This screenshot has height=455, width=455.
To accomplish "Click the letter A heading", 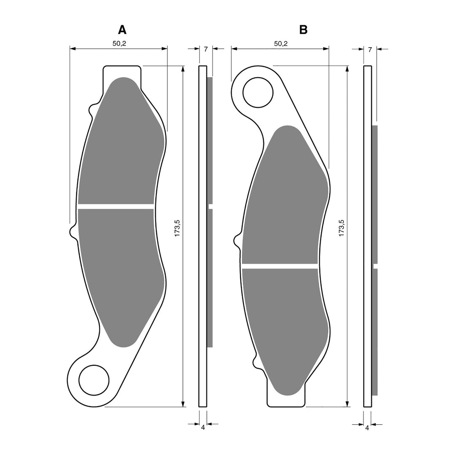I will pyautogui.click(x=122, y=29).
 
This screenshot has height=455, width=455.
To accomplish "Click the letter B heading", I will pyautogui.click(x=303, y=29).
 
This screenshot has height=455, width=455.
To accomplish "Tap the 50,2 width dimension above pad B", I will pyautogui.click(x=281, y=43).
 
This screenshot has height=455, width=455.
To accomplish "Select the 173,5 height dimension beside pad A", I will pyautogui.click(x=177, y=227).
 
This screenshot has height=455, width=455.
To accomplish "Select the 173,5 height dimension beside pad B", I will pyautogui.click(x=342, y=227).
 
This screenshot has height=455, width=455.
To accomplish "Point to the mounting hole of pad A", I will pyautogui.click(x=94, y=380).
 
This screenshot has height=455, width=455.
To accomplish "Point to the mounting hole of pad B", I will pyautogui.click(x=258, y=92).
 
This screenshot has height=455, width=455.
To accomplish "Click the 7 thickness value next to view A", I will pyautogui.click(x=206, y=49).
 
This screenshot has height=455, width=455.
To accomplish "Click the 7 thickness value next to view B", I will pyautogui.click(x=369, y=49).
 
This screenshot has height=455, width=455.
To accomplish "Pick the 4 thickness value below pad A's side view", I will pyautogui.click(x=203, y=427).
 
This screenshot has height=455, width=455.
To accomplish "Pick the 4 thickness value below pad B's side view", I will pyautogui.click(x=367, y=427).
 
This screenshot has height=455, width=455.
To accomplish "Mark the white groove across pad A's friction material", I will pyautogui.click(x=116, y=206).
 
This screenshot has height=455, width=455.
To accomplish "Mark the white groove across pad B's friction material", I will pyautogui.click(x=280, y=266).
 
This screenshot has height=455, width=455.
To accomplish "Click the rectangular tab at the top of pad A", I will pyautogui.click(x=122, y=72).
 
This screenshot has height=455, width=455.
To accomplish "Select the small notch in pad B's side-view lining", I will pyautogui.click(x=375, y=266).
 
